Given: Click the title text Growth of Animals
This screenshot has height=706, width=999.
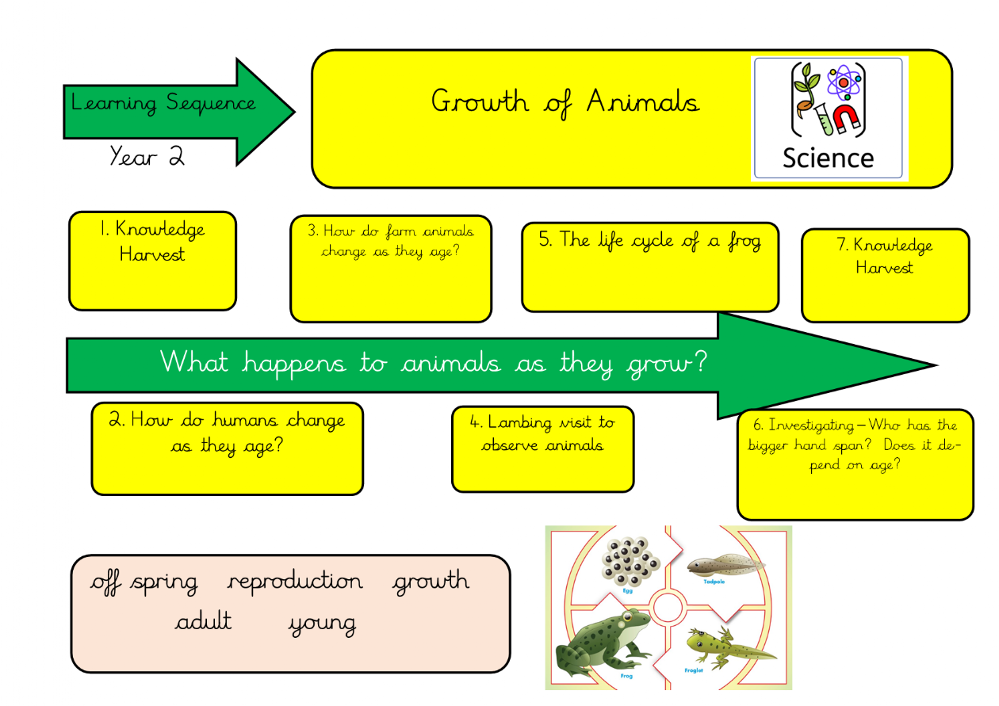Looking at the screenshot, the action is point(565,103).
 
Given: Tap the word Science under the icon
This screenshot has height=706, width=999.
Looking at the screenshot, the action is point(829,158).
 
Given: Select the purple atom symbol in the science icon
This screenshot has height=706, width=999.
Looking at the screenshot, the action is point(844,82).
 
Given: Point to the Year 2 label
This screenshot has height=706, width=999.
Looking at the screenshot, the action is point(147,155).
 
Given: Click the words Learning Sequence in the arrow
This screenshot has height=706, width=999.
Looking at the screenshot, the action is point(163,103).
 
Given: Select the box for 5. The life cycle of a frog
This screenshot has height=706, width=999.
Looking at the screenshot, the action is point(650,266).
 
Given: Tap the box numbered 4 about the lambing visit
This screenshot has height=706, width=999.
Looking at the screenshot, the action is point(543,448).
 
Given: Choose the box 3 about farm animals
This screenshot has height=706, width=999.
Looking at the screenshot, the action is point(391,269).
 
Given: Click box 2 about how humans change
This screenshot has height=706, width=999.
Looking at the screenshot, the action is point(228,448).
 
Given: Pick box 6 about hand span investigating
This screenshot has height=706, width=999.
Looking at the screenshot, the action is point(855,464).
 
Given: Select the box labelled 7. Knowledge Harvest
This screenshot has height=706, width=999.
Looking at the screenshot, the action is point(886,275).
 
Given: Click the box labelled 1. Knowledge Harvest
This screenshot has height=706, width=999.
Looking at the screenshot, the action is point(152,261).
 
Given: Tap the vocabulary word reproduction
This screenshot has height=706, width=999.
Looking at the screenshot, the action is point(295,581).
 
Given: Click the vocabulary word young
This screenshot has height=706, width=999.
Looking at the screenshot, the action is point(322,624).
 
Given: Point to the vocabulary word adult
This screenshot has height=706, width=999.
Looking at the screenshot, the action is point(203,620).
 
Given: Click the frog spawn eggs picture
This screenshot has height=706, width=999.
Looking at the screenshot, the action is point(630,561).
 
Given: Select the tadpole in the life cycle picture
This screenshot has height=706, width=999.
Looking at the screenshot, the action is point(725,565).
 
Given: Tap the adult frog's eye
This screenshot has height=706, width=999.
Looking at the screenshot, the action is point(627,617).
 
